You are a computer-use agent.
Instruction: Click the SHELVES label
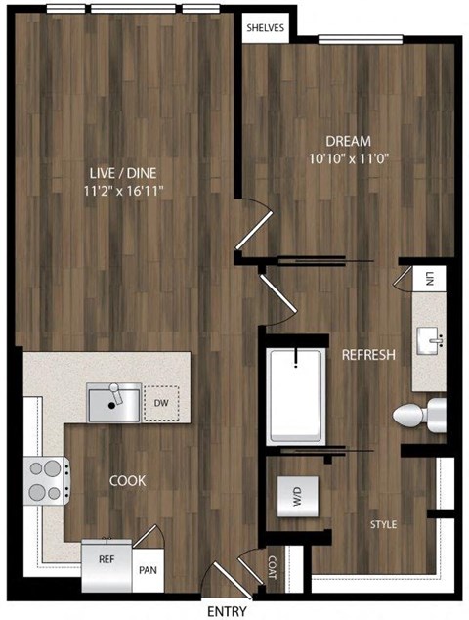(x=264, y=28)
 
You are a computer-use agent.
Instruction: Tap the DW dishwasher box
(x=159, y=402)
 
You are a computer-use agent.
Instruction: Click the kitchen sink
(x=112, y=402)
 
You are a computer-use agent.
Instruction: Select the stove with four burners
(x=43, y=479)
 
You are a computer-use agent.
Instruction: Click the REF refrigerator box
(x=107, y=561)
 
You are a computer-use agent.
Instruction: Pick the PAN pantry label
(x=148, y=567)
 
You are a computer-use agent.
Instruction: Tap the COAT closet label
(x=273, y=567)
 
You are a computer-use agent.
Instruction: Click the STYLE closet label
(x=383, y=525)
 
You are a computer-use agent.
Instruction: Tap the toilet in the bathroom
(x=418, y=415)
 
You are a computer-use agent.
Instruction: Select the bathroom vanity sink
(x=430, y=341)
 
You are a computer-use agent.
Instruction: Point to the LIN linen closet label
(x=428, y=280)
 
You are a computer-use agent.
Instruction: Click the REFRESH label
(x=367, y=355)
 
